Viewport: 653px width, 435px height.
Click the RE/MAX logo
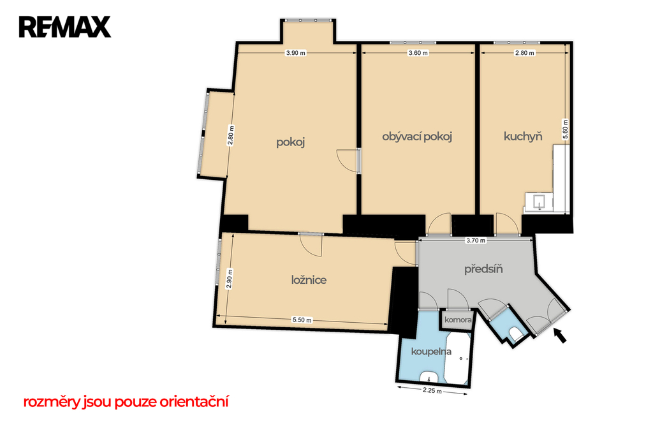(x=65, y=27)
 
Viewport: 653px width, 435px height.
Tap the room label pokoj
(x=291, y=142)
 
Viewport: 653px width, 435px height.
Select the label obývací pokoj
(x=417, y=136)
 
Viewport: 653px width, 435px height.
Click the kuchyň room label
(x=523, y=136)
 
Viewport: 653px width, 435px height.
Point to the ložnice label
(x=309, y=280)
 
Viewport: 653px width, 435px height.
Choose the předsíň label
(x=483, y=269)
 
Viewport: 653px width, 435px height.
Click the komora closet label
(x=458, y=320)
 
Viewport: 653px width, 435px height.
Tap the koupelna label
(x=431, y=351)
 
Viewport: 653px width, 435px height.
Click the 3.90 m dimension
(x=296, y=53)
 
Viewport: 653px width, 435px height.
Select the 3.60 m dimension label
(x=418, y=53)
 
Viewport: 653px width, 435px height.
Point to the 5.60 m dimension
(x=565, y=129)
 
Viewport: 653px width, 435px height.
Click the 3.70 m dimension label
(x=476, y=240)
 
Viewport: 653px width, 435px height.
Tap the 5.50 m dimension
(x=302, y=320)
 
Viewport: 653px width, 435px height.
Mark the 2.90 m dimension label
(x=229, y=279)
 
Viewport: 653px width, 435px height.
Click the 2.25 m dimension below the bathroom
(x=432, y=391)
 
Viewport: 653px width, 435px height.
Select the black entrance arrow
(x=560, y=335)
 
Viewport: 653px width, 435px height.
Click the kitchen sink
(x=539, y=202)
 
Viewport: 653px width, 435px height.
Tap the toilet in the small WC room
(x=515, y=334)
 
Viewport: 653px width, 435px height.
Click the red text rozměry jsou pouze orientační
(x=126, y=402)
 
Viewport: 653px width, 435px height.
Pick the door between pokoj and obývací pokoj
(x=348, y=160)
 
